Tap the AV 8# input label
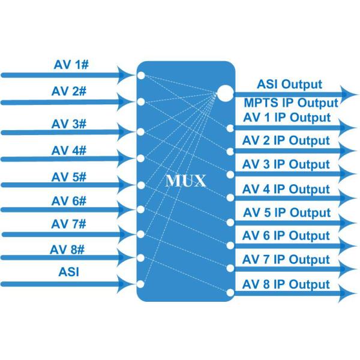[70, 248]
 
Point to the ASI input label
[70, 272]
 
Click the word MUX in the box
[185, 181]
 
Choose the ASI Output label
[289, 85]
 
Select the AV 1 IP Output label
[286, 117]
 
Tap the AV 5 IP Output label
[286, 212]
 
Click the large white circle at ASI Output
[224, 93]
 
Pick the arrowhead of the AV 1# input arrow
[128, 75]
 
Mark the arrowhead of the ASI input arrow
[128, 283]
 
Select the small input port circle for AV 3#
[141, 132]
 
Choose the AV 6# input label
[70, 201]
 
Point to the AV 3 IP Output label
[286, 164]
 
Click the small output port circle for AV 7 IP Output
[230, 269]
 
